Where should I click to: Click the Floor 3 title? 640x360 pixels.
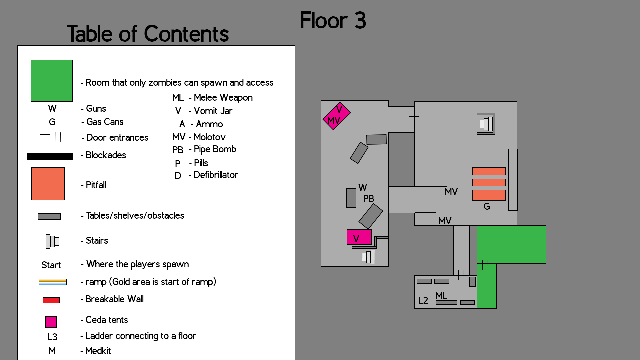[x=333, y=21]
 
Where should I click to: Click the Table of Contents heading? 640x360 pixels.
[x=148, y=34]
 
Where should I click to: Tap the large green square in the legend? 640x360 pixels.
[x=52, y=81]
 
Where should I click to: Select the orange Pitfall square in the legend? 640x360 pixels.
[x=48, y=184]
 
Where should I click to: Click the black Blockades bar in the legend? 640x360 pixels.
[x=50, y=156]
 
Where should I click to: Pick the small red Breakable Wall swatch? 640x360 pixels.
[x=51, y=300]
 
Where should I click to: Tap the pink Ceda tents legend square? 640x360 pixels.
[x=51, y=322]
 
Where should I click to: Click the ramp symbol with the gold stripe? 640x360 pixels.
[x=53, y=282]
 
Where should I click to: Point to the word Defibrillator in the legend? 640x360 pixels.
[x=215, y=175]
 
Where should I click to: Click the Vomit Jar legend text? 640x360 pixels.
[x=213, y=111]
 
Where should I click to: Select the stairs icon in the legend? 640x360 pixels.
[x=52, y=241]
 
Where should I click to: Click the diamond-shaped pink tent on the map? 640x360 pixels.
[x=336, y=116]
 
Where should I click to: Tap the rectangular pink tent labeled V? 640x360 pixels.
[x=359, y=237]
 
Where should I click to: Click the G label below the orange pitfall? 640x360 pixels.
[x=487, y=207]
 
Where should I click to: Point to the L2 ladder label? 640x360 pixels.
[x=423, y=301]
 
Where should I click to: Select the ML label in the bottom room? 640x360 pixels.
[x=441, y=296]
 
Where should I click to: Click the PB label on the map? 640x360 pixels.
[x=368, y=199]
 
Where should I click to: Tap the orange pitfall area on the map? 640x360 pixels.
[x=489, y=184]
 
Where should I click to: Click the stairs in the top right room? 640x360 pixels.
[x=486, y=124]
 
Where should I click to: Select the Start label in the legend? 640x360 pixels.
[x=51, y=265]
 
